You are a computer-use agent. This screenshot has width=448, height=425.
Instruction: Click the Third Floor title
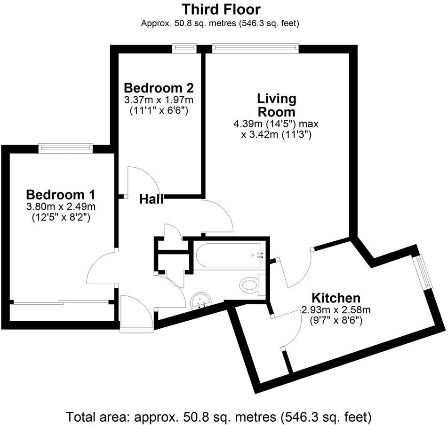pyautogui.click(x=221, y=9)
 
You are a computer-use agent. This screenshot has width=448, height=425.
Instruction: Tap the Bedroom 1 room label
pyautogui.click(x=61, y=194)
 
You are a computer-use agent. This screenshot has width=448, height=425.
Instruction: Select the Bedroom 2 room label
pyautogui.click(x=159, y=88)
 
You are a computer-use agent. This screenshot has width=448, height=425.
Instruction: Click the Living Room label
pyautogui.click(x=276, y=105)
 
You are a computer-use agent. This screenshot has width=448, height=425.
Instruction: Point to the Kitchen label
pyautogui.click(x=336, y=297)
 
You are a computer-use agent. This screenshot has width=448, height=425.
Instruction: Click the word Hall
pyautogui.click(x=151, y=199)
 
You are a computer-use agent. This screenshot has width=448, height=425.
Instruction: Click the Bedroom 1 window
pyautogui.click(x=65, y=148)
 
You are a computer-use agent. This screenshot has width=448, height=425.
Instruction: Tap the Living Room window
pyautogui.click(x=256, y=47)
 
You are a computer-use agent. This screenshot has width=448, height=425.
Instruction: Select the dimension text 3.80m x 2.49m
pyautogui.click(x=61, y=206)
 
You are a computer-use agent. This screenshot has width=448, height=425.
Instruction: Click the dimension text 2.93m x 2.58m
pyautogui.click(x=336, y=310)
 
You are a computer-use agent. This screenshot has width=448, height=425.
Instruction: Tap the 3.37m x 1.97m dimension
pyautogui.click(x=159, y=100)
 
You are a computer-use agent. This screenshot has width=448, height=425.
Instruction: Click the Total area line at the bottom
pyautogui.click(x=219, y=416)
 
